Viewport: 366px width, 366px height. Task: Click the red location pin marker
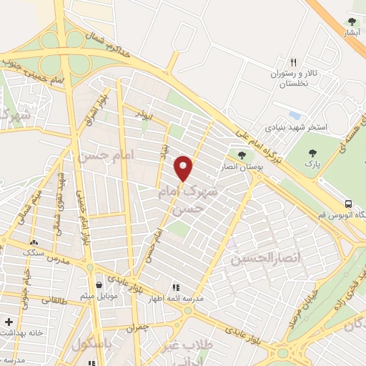click(x=184, y=168)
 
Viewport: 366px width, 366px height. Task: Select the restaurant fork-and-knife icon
click(x=293, y=62)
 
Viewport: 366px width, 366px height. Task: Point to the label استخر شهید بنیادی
click(x=297, y=127)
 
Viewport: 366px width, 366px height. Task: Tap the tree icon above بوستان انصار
click(x=242, y=154)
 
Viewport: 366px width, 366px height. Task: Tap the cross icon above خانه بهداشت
click(x=9, y=322)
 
